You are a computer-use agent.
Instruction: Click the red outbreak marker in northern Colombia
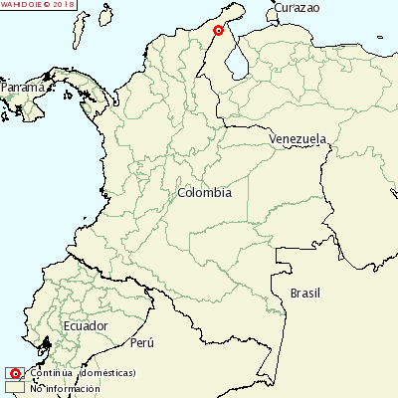click(x=219, y=31)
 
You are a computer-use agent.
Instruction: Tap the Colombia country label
click(x=204, y=193)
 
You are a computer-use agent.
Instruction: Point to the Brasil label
click(x=307, y=293)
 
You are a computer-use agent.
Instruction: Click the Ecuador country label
click(x=85, y=326)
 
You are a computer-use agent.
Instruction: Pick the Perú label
click(x=142, y=343)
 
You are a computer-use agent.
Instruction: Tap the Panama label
click(x=22, y=88)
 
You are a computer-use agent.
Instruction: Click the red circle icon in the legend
click(x=15, y=373)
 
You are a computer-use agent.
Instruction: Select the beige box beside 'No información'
click(x=15, y=387)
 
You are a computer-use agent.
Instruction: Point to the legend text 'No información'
click(x=67, y=387)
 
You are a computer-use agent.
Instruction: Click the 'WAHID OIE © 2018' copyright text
click(x=38, y=5)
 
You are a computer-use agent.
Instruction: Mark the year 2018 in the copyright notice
click(x=64, y=5)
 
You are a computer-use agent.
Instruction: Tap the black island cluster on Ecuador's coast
click(x=44, y=348)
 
